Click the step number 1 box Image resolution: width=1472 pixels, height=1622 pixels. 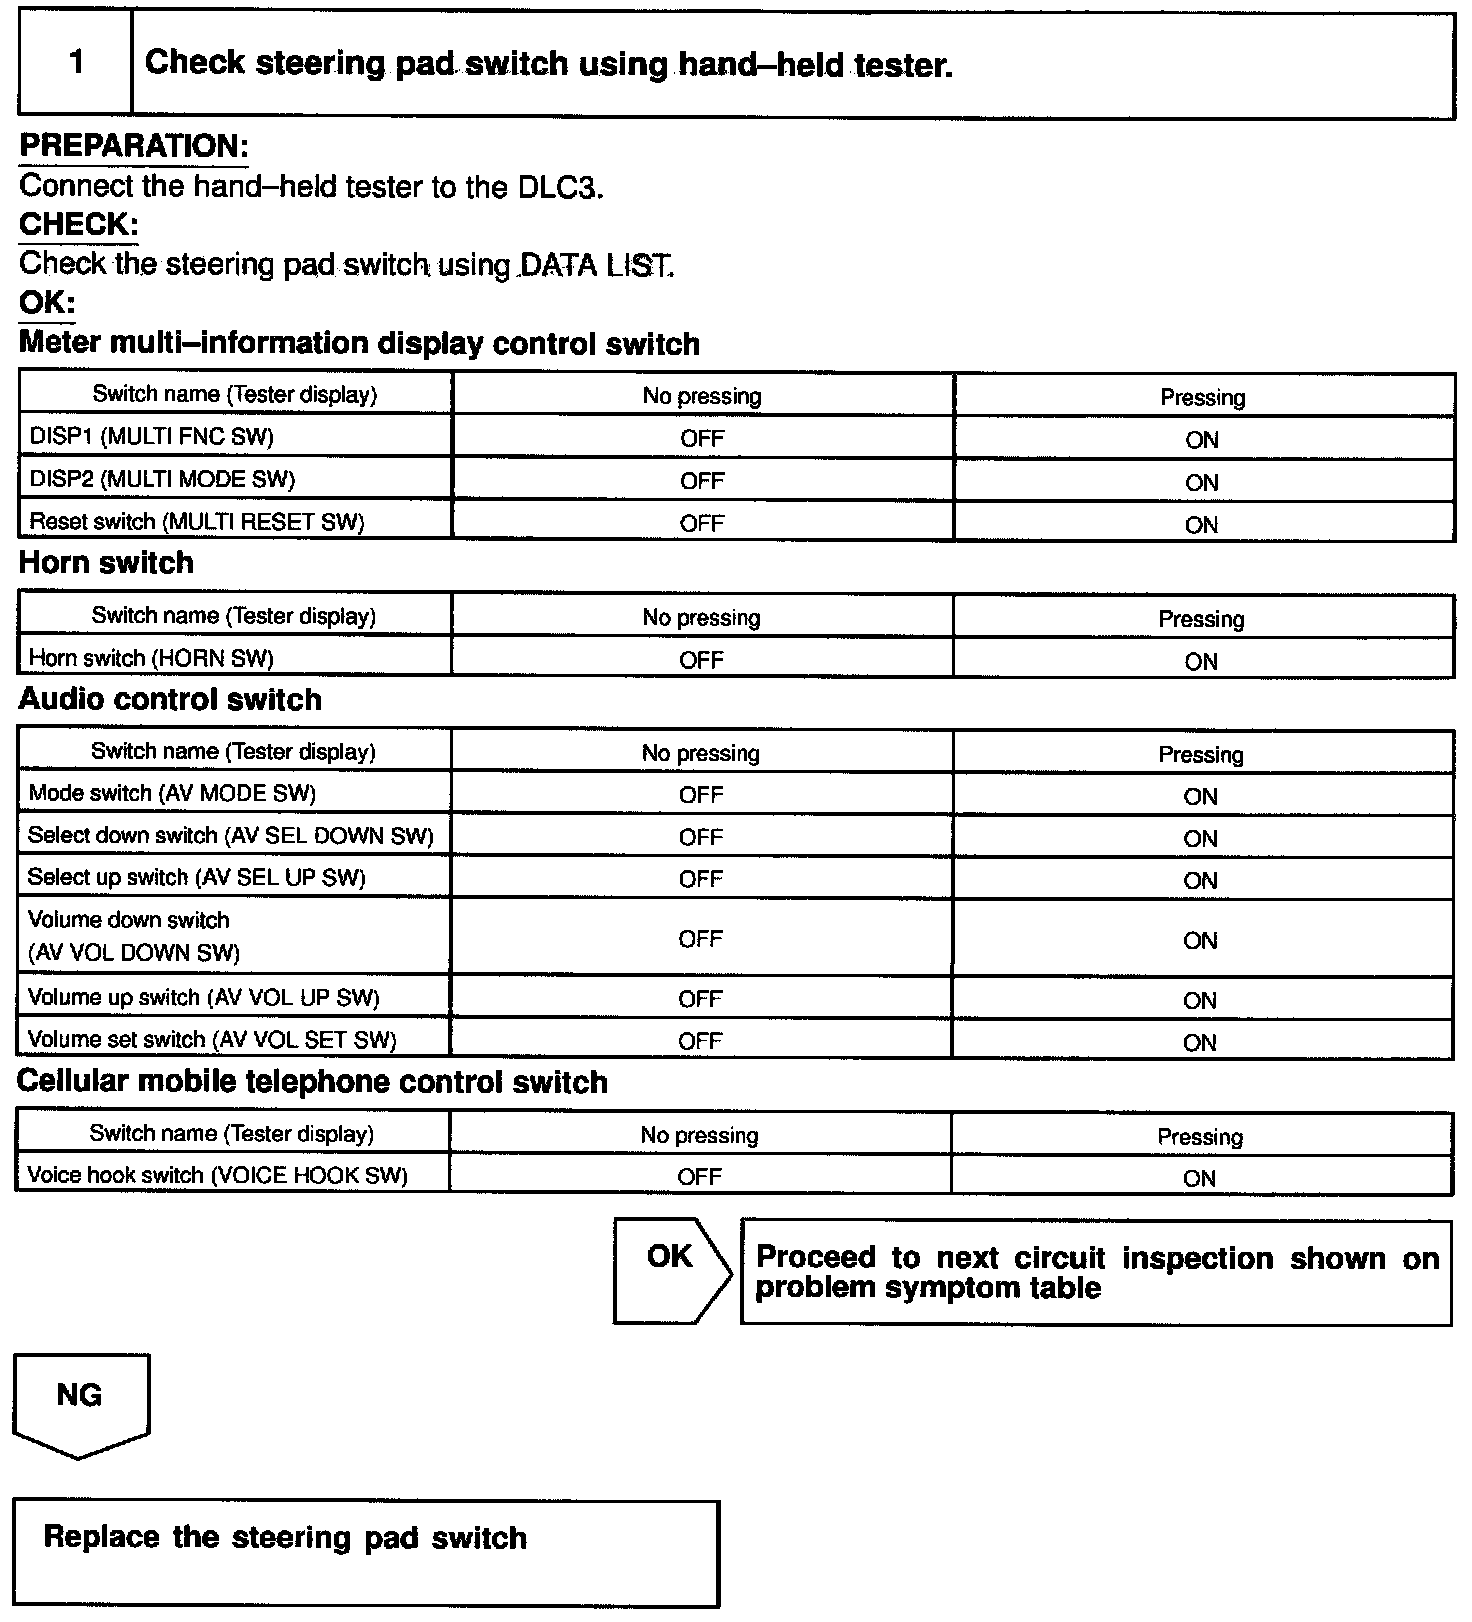click(x=76, y=64)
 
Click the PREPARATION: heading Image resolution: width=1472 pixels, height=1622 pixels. click(x=134, y=146)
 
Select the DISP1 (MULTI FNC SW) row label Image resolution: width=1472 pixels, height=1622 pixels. click(x=152, y=437)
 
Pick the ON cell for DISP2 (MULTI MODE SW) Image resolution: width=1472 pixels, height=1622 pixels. click(x=1201, y=482)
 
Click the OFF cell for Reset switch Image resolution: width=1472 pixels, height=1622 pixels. click(x=702, y=523)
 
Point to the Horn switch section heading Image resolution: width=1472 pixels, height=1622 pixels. click(x=106, y=563)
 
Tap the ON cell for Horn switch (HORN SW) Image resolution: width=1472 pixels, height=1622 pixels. click(x=1201, y=661)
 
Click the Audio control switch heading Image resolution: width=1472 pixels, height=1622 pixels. click(x=170, y=699)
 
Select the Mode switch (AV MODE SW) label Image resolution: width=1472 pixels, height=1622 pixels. click(x=172, y=794)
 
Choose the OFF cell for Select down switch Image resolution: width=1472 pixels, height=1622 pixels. click(x=700, y=837)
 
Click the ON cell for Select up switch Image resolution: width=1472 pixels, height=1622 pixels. click(x=1200, y=880)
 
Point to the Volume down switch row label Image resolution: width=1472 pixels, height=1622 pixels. click(x=134, y=936)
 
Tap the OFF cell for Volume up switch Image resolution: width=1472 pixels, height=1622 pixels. click(x=700, y=999)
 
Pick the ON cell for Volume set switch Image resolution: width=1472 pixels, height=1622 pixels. click(x=1200, y=1042)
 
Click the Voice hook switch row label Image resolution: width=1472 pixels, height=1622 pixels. click(x=217, y=1175)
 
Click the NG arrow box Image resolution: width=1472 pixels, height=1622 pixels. click(x=80, y=1400)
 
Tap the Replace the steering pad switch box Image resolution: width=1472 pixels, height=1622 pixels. click(x=366, y=1552)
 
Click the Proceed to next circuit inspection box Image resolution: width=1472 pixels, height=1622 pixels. click(x=1096, y=1272)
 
